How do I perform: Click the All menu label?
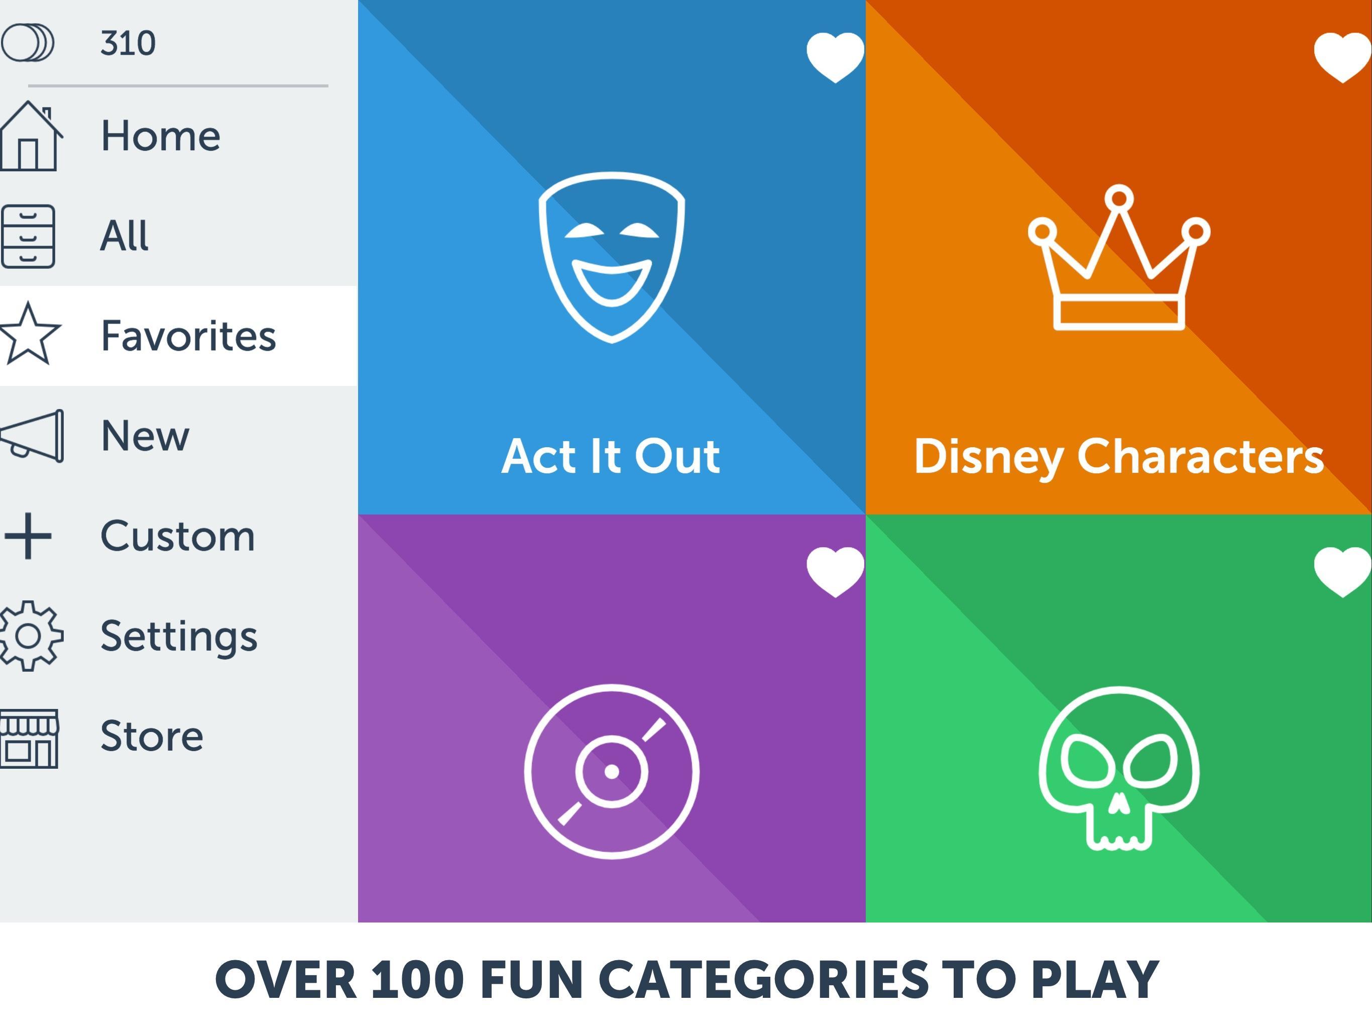(125, 236)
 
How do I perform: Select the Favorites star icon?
(30, 334)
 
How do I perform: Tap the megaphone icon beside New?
(32, 436)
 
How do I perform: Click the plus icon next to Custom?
(28, 536)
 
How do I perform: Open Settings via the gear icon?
(29, 636)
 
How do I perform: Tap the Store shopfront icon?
(29, 739)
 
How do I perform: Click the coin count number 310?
(128, 43)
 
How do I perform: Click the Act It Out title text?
(611, 456)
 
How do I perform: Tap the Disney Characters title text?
(1119, 457)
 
